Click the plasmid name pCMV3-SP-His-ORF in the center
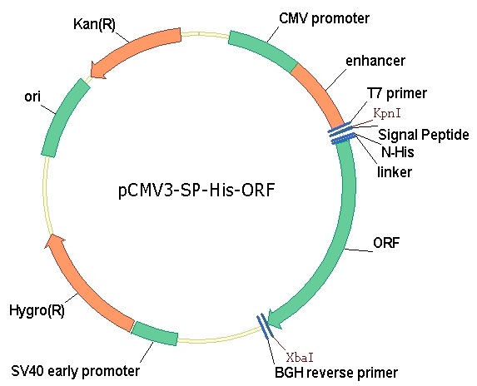[x=196, y=191]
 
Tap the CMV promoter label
[x=324, y=18]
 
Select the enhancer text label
[x=375, y=61]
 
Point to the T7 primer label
[x=397, y=93]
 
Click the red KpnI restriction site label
[x=387, y=113]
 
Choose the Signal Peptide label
[x=424, y=134]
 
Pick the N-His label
[x=398, y=151]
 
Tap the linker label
[x=395, y=171]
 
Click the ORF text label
[x=386, y=243]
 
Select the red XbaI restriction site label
[x=300, y=358]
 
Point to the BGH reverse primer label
[x=336, y=373]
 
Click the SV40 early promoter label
[x=76, y=371]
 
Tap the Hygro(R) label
[x=37, y=310]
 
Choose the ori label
[x=32, y=97]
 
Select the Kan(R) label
[x=95, y=24]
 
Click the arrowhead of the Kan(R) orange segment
[x=99, y=70]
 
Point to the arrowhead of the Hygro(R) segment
[x=56, y=241]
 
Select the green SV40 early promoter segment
[x=155, y=333]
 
